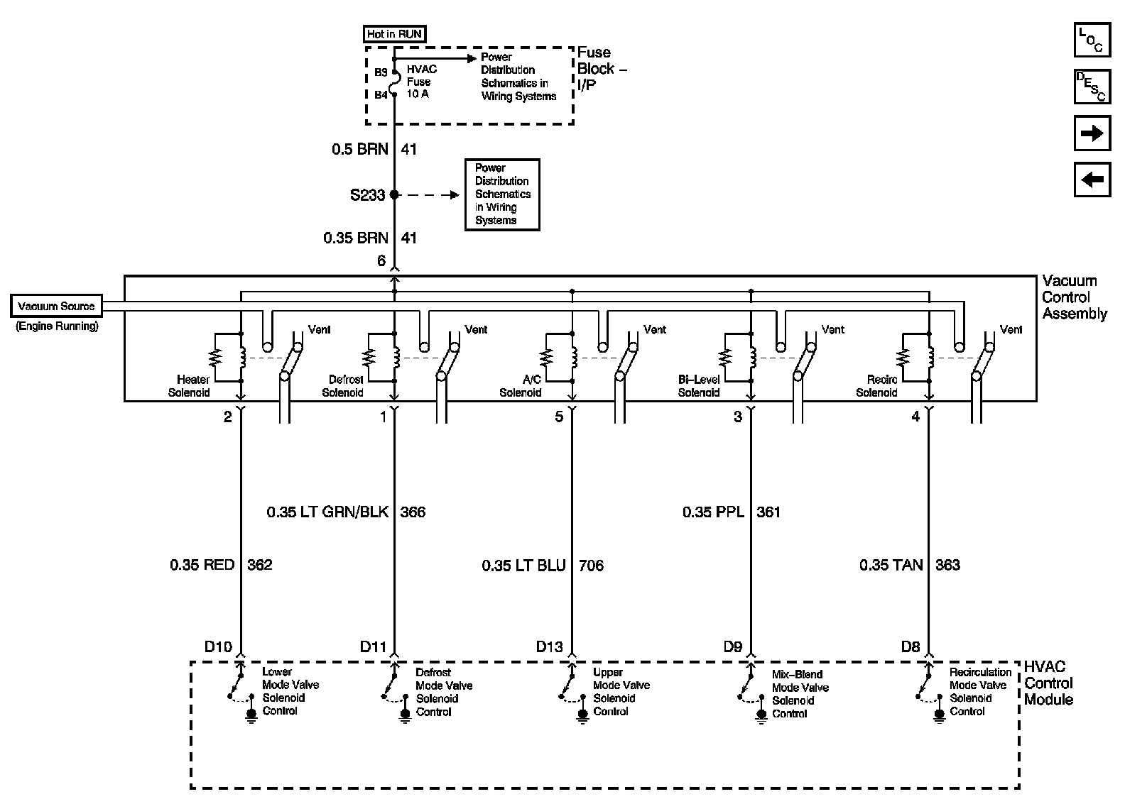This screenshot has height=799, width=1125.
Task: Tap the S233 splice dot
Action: click(395, 194)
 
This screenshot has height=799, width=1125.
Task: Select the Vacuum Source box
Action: click(56, 307)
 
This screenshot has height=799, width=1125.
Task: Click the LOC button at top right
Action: click(1092, 40)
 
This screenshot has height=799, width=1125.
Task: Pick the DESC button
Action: click(1092, 87)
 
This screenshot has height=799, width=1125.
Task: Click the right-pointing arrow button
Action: click(1092, 133)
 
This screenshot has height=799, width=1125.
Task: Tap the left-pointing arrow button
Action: click(1092, 180)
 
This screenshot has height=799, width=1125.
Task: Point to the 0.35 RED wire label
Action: click(202, 565)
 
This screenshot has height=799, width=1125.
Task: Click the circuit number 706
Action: click(591, 566)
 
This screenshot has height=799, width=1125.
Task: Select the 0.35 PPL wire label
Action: click(713, 512)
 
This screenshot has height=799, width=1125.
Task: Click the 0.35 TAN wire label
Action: click(891, 565)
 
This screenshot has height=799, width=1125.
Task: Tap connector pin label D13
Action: click(549, 646)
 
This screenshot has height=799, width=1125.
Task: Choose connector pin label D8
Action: click(911, 646)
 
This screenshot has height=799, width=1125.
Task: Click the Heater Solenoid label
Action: click(189, 386)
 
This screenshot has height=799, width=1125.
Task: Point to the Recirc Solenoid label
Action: click(876, 386)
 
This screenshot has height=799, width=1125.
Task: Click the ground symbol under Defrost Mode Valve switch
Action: click(406, 715)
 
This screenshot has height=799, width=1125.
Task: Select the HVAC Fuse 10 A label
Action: click(421, 82)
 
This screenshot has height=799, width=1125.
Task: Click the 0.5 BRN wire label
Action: click(360, 149)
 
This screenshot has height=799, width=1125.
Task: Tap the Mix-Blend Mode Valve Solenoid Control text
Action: click(800, 694)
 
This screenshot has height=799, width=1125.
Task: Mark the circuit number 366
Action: click(413, 512)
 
